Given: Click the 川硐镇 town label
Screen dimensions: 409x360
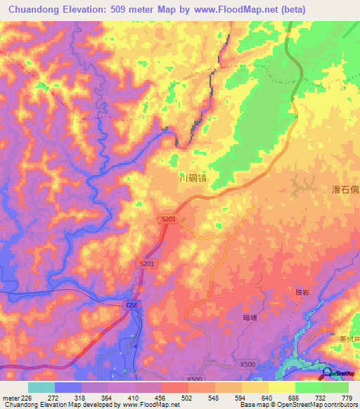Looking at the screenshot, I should (x=193, y=178).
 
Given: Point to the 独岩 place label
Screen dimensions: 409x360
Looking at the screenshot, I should (x=295, y=290).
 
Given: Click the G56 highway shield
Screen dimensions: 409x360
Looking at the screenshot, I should (x=133, y=306).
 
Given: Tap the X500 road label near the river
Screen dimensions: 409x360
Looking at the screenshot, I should (x=247, y=365).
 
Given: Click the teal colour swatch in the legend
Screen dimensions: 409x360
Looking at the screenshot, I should (x=41, y=387).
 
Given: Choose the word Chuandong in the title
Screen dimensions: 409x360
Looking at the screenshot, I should (x=34, y=10).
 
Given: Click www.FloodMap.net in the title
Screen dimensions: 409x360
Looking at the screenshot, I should (x=238, y=10).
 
